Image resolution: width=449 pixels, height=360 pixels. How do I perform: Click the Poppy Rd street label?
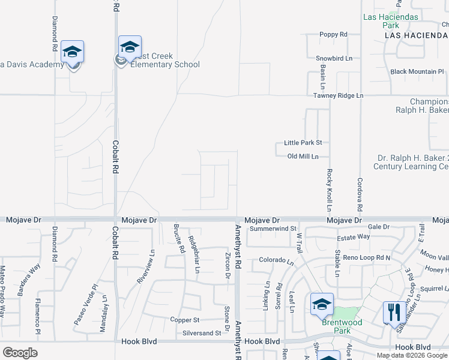point(333,35)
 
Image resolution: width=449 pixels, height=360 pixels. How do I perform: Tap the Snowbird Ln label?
point(334,59)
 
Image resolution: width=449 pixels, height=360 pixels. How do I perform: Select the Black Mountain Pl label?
point(417,72)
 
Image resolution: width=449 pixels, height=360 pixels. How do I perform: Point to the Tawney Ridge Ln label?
point(338,96)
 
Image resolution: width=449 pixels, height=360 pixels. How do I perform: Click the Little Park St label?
point(303,143)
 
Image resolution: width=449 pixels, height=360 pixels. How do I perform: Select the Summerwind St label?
point(274,229)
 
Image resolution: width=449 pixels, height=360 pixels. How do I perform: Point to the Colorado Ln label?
point(276,261)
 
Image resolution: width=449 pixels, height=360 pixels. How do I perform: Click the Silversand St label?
point(202,333)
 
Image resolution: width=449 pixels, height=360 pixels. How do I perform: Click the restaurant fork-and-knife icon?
point(394,311)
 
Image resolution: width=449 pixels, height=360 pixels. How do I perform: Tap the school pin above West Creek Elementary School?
point(130,47)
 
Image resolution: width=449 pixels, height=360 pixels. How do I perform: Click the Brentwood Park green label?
point(342,322)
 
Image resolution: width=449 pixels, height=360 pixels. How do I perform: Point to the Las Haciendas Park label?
point(390,21)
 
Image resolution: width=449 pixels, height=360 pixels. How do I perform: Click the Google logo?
point(20,353)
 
